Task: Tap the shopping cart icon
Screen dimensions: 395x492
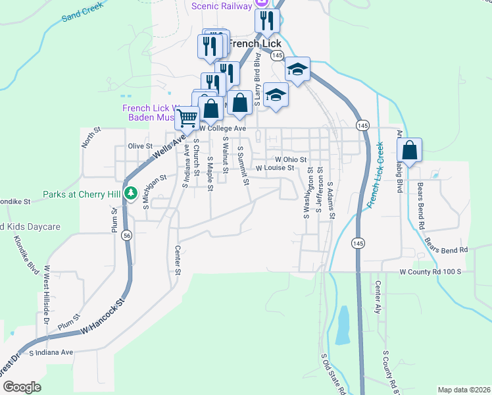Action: (x=187, y=118)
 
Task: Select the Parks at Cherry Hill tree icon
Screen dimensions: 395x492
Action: (x=131, y=194)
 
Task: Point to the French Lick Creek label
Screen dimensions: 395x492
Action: (x=375, y=176)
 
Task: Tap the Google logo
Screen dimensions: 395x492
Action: (x=22, y=387)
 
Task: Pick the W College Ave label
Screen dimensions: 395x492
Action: (x=222, y=128)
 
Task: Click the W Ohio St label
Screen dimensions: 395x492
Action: (x=291, y=159)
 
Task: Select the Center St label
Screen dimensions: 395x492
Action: (x=178, y=261)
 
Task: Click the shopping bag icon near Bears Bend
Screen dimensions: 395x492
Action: (x=409, y=151)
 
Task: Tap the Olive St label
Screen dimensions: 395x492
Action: (x=140, y=146)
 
